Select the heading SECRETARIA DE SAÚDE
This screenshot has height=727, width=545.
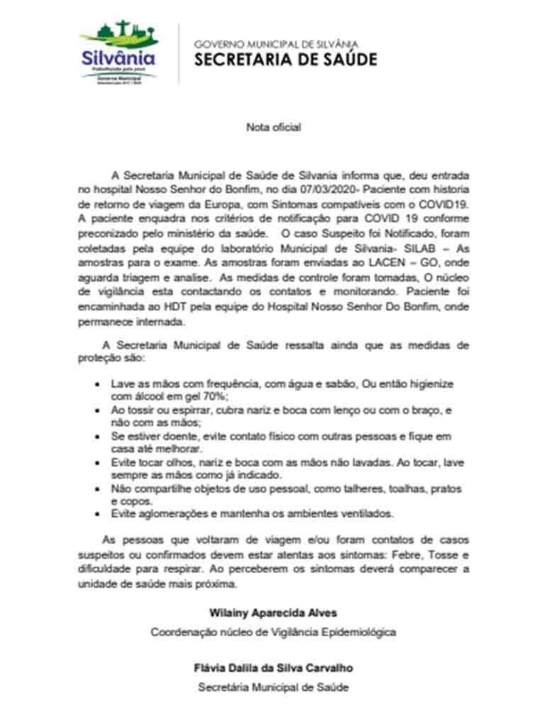point(285,60)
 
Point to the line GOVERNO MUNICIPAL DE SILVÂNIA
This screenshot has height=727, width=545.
point(276,44)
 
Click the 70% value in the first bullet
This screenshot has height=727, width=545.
point(215,395)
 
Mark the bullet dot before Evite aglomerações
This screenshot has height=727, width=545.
point(97,514)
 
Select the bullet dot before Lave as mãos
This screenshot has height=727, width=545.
point(97,383)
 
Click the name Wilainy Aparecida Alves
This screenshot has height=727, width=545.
point(273,613)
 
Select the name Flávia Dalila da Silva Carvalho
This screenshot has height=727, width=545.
point(273,669)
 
